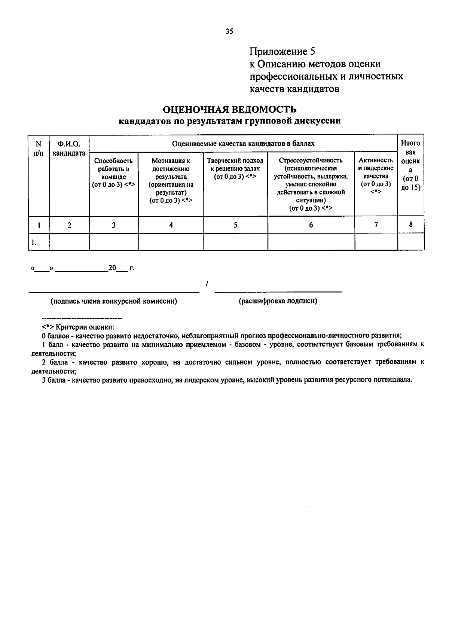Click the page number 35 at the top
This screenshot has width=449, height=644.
(x=229, y=31)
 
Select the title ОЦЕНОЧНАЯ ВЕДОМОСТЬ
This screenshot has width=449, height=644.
(x=229, y=109)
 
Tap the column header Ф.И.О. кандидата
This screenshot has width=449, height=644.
(x=69, y=148)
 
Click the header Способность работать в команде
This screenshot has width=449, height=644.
(x=113, y=173)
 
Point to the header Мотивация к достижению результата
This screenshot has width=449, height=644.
(x=171, y=180)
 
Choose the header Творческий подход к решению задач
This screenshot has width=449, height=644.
(x=235, y=168)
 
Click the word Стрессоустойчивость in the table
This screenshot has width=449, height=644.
(x=311, y=161)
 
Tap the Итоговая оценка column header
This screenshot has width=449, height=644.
(x=410, y=165)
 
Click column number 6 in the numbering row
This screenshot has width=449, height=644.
(x=311, y=225)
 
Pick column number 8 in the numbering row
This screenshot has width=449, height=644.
(x=410, y=225)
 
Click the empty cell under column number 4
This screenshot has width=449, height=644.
(x=171, y=242)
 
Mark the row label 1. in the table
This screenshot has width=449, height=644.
(x=34, y=242)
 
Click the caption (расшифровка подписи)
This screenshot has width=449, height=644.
(x=278, y=301)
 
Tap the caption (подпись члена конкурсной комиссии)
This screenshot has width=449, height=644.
(x=114, y=301)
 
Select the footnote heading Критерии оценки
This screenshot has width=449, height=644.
(x=86, y=326)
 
